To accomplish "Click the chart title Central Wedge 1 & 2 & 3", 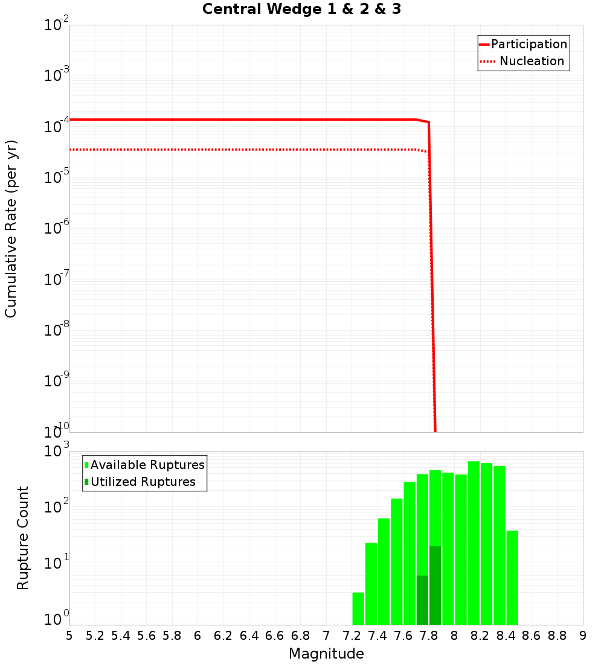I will pyautogui.click(x=301, y=10).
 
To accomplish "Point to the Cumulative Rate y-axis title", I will pyautogui.click(x=11, y=229).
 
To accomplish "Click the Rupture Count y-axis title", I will pyautogui.click(x=23, y=538).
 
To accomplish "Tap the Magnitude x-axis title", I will pyautogui.click(x=326, y=654).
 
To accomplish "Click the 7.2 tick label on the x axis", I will pyautogui.click(x=352, y=636).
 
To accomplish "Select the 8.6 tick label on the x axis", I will pyautogui.click(x=532, y=636).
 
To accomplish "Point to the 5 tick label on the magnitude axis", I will pyautogui.click(x=69, y=636).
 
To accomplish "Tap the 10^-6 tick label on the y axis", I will pyautogui.click(x=57, y=230).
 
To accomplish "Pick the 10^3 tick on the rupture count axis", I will pyautogui.click(x=57, y=452).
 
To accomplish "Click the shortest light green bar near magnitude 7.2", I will pyautogui.click(x=358, y=608).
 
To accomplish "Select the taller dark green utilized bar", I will pyautogui.click(x=435, y=586).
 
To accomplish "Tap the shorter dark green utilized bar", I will pyautogui.click(x=422, y=600).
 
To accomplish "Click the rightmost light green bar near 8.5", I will pyautogui.click(x=512, y=577).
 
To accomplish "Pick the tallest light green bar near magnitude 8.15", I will pyautogui.click(x=474, y=543).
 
